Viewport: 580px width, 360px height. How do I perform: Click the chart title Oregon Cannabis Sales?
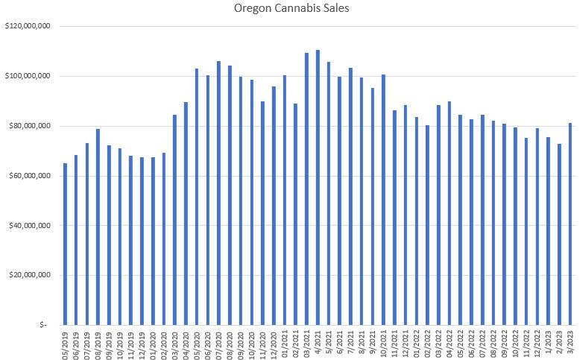point(289,9)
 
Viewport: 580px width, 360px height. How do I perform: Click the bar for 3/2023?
point(570,224)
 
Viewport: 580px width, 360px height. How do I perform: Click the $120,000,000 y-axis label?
point(27,27)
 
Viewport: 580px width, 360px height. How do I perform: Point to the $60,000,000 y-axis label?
point(27,176)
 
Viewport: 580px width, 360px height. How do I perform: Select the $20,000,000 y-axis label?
point(27,275)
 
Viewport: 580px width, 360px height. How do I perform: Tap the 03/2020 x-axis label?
point(174,344)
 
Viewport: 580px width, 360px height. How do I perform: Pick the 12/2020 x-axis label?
point(274,344)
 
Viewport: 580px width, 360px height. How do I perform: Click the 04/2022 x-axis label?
point(450,344)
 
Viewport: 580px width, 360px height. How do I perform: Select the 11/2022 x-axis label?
point(526,344)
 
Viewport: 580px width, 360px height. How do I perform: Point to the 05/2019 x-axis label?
point(65,344)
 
